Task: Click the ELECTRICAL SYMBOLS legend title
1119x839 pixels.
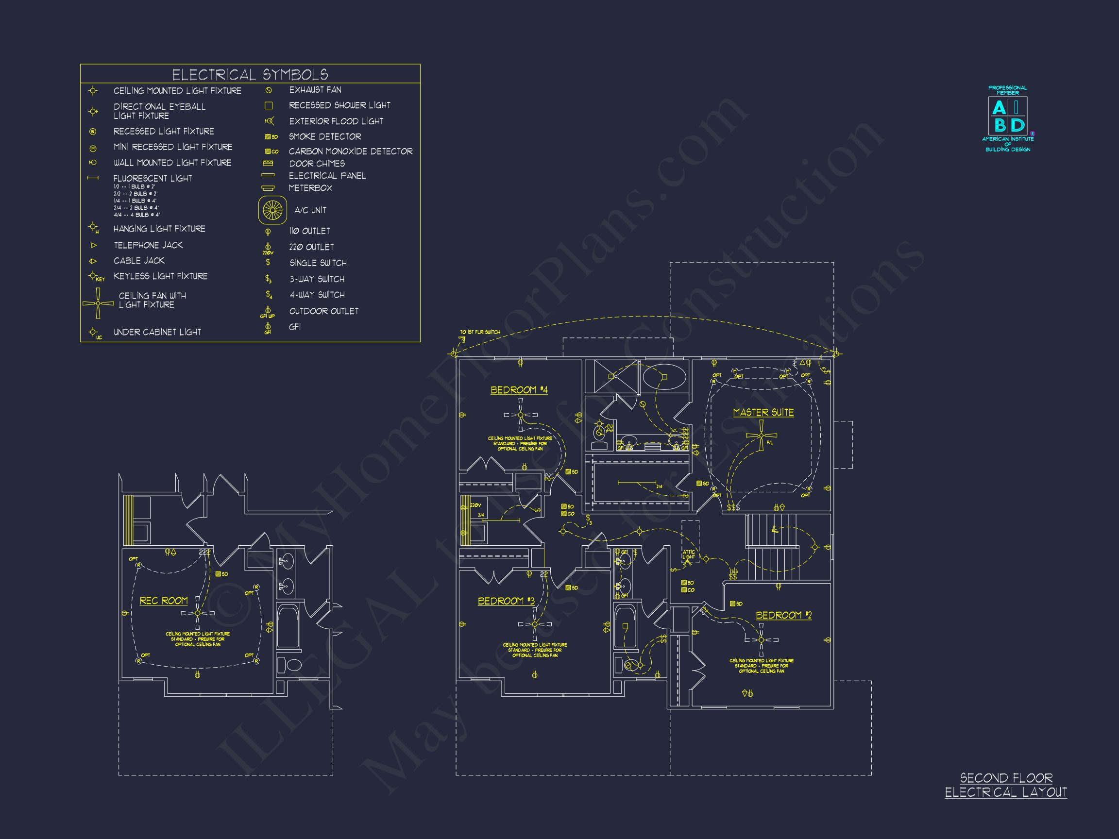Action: pyautogui.click(x=250, y=75)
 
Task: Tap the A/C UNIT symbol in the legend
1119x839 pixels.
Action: pyautogui.click(x=272, y=210)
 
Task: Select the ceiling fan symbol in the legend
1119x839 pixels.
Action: pyautogui.click(x=98, y=303)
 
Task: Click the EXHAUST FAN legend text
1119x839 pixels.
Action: pyautogui.click(x=315, y=90)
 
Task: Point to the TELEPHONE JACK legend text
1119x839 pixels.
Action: pyautogui.click(x=148, y=245)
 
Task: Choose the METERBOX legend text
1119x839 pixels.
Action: pyautogui.click(x=310, y=188)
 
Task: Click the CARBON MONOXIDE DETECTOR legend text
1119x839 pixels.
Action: pyautogui.click(x=351, y=151)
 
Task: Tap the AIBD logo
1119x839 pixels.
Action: pyautogui.click(x=1008, y=117)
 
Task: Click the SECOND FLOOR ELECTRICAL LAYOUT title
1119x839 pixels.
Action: pyautogui.click(x=1006, y=785)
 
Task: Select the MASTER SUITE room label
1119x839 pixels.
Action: pyautogui.click(x=763, y=413)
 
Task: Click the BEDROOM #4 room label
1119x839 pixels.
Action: pyautogui.click(x=519, y=390)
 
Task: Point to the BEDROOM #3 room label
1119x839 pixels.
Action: pyautogui.click(x=506, y=601)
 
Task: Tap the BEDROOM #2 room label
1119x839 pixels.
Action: pyautogui.click(x=783, y=615)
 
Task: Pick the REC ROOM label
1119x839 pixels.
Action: pyautogui.click(x=163, y=601)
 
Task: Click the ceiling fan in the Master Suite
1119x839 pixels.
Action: pyautogui.click(x=762, y=436)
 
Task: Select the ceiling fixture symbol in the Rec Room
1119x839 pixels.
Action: pyautogui.click(x=198, y=613)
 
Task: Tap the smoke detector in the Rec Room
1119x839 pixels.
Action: pyautogui.click(x=219, y=574)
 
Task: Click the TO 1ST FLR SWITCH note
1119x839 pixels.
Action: pyautogui.click(x=479, y=332)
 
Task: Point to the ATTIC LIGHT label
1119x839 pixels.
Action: pyautogui.click(x=689, y=554)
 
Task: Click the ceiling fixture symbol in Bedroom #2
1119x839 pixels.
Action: pyautogui.click(x=762, y=640)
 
